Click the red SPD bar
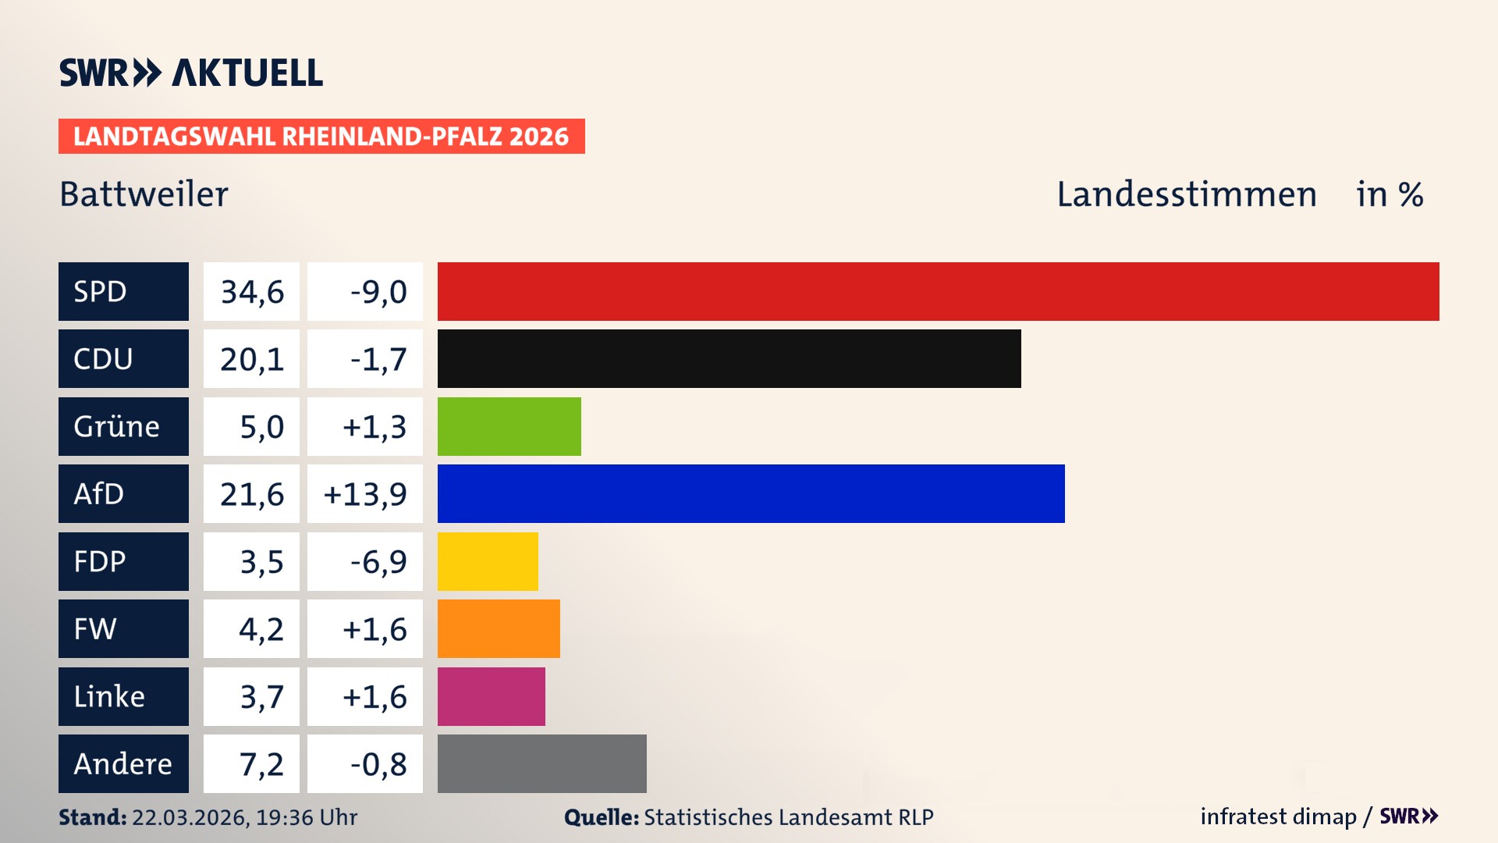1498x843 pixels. (938, 291)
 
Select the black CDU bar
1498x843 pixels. (729, 358)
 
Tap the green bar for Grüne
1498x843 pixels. (509, 426)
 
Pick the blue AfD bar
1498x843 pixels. (751, 493)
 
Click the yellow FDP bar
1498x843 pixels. (488, 561)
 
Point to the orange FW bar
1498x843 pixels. (499, 628)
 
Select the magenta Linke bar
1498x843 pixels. (491, 696)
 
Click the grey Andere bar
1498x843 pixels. (541, 763)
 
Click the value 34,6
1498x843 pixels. (251, 291)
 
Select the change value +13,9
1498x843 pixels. (364, 493)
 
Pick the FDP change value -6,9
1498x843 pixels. (378, 561)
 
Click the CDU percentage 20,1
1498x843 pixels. (251, 358)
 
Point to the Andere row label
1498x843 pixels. (123, 763)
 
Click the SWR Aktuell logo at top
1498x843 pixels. (190, 73)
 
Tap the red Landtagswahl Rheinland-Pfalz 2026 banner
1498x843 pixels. (321, 136)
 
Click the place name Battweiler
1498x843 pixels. (144, 194)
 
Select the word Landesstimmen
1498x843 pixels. (1186, 194)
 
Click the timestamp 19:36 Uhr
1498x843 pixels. (306, 817)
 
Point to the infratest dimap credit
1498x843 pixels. (1277, 816)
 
